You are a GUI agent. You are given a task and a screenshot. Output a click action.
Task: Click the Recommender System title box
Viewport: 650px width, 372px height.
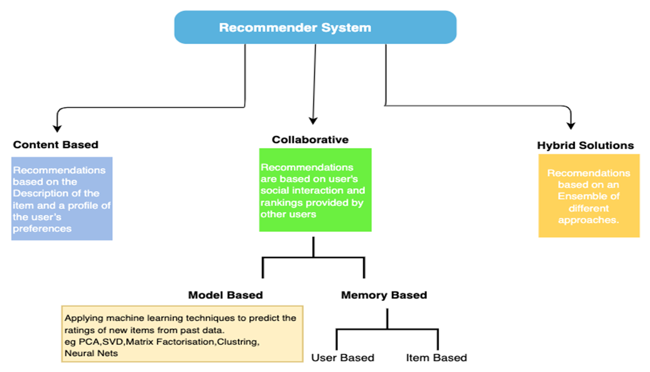click(315, 27)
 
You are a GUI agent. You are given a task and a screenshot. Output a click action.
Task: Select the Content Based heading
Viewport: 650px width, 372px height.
click(56, 145)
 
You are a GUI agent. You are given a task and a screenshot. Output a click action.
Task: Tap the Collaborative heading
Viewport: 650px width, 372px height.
click(310, 140)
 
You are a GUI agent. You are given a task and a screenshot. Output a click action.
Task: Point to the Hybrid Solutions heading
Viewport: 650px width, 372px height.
click(585, 145)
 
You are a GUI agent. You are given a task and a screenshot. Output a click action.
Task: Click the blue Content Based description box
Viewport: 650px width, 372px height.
click(62, 198)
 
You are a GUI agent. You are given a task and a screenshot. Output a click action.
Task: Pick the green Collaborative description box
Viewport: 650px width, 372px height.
click(315, 190)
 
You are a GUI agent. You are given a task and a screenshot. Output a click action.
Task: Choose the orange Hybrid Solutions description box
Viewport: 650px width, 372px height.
click(589, 196)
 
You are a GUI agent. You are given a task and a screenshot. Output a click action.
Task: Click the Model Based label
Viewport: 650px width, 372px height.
click(225, 295)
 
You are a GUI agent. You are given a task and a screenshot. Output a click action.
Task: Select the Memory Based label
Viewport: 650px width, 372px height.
click(384, 295)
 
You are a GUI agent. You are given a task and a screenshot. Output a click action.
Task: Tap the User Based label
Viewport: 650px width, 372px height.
click(342, 357)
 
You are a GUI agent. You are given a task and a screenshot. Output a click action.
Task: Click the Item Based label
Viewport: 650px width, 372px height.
click(436, 357)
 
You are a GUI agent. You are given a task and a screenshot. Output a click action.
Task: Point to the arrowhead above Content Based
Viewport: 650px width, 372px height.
click(57, 128)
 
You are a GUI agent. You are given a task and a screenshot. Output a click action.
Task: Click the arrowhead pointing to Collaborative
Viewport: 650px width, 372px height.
click(313, 121)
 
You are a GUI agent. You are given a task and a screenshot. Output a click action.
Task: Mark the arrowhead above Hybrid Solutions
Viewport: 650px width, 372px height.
click(571, 125)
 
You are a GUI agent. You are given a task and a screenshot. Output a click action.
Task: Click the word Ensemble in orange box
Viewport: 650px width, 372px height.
click(588, 196)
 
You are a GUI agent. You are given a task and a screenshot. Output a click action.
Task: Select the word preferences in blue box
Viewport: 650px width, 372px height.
click(42, 229)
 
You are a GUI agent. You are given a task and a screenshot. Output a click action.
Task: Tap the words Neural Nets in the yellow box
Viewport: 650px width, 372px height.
click(91, 353)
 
